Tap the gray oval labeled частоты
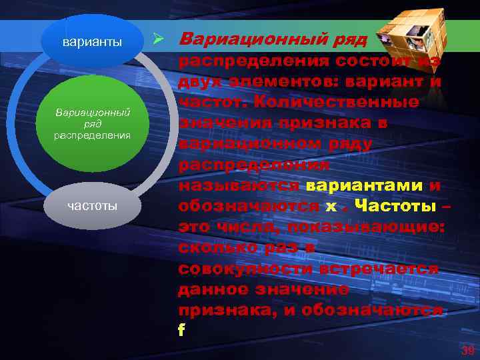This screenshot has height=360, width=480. click(92, 205)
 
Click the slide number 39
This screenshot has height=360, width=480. click(466, 349)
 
